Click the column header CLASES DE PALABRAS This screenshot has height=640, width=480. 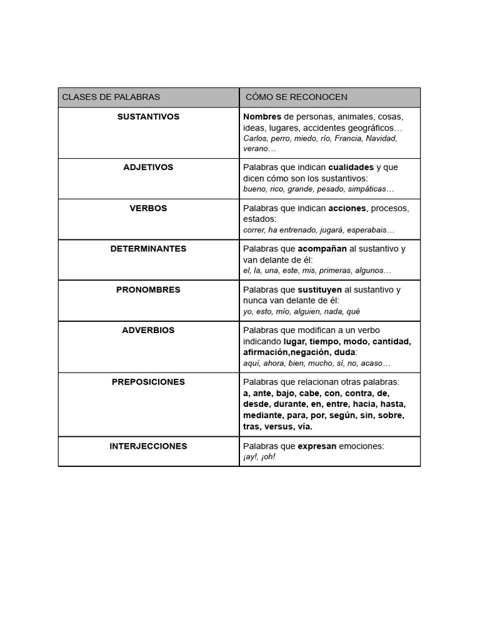click(x=111, y=97)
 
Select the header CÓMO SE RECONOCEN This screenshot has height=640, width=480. click(x=296, y=97)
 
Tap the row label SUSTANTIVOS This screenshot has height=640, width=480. click(x=148, y=117)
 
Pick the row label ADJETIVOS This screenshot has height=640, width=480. click(x=148, y=167)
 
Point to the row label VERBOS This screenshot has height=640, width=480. click(x=148, y=208)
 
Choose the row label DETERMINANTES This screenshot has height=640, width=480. click(x=148, y=249)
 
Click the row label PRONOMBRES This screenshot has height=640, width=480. click(x=148, y=290)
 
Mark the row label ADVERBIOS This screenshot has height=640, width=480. click(x=148, y=331)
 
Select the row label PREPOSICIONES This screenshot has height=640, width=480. click(x=148, y=382)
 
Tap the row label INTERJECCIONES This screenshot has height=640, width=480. click(x=148, y=446)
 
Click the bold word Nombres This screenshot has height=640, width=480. click(x=262, y=117)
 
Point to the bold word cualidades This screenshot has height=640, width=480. click(x=351, y=167)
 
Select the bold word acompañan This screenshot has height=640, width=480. click(x=322, y=249)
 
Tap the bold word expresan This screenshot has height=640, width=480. click(x=317, y=446)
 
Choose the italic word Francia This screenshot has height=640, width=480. click(x=348, y=138)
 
